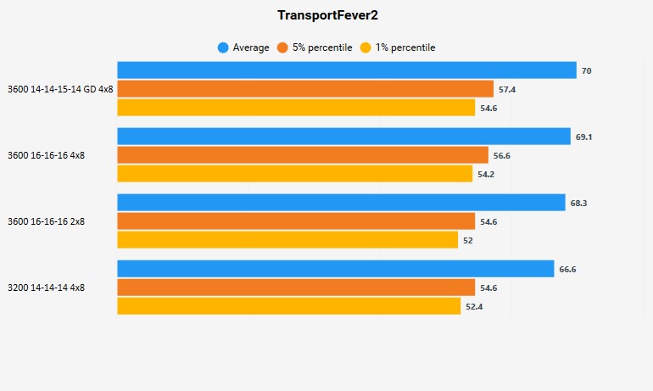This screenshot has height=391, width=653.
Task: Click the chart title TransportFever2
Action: (327, 15)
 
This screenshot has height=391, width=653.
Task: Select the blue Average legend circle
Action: (223, 47)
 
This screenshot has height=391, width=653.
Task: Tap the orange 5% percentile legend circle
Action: (282, 47)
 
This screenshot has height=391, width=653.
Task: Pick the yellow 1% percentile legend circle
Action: (366, 47)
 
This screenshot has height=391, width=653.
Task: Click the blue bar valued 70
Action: (346, 70)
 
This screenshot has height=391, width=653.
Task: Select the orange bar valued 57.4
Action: (305, 89)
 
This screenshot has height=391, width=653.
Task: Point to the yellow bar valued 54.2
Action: (294, 174)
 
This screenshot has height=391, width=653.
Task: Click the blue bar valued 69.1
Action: (343, 137)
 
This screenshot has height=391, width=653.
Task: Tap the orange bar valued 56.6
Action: (303, 155)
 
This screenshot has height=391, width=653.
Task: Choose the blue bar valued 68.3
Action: (341, 203)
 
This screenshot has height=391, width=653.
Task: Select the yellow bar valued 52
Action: (287, 240)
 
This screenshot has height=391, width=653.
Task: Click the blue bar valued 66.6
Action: (336, 269)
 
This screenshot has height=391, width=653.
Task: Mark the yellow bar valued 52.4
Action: (289, 306)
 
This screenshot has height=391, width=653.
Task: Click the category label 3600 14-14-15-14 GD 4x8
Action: (60, 89)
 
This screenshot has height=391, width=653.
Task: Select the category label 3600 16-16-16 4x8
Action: (46, 155)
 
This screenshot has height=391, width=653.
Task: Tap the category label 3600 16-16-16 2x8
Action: (46, 221)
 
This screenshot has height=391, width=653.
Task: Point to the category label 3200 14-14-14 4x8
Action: (46, 288)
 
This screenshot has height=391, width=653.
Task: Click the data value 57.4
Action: (507, 89)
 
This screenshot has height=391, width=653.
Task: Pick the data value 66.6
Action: (568, 269)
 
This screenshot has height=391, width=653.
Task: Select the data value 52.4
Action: (474, 306)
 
